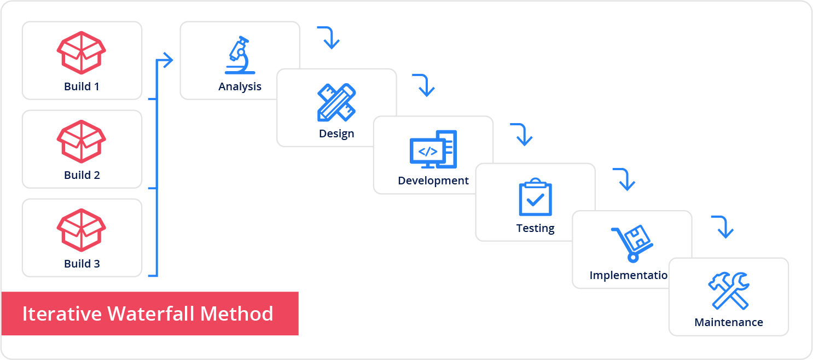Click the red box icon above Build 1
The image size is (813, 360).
[x=82, y=53]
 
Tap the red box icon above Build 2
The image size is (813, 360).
[x=82, y=141]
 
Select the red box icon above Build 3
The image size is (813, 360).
[x=82, y=230]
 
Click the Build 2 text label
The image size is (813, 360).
[x=82, y=175]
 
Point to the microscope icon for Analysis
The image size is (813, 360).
[x=240, y=55]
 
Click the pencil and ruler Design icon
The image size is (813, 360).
[x=336, y=102]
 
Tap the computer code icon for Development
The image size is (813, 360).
[x=433, y=149]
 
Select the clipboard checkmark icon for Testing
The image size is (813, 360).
[x=536, y=197]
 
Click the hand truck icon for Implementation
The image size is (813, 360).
[x=632, y=243]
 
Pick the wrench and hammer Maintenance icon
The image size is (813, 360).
[x=728, y=291]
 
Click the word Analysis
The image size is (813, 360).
[x=240, y=87]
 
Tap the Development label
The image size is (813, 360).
[x=433, y=181]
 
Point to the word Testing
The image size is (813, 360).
[x=536, y=228]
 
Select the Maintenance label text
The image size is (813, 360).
[x=729, y=322]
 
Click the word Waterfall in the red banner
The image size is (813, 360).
[x=151, y=313]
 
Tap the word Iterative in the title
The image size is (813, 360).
[x=62, y=313]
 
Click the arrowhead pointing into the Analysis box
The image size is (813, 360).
[x=167, y=60]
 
